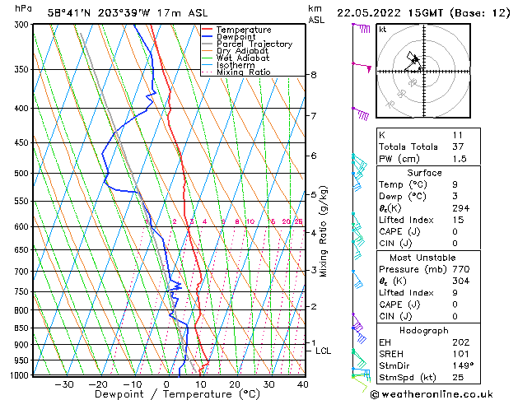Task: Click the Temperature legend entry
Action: (x=244, y=30)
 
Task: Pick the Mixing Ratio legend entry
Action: (x=243, y=72)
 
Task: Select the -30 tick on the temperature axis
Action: (x=63, y=384)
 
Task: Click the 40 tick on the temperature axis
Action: (x=302, y=384)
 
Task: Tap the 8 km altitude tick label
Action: (x=314, y=75)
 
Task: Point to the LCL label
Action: (x=324, y=351)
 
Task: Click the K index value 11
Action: (x=457, y=135)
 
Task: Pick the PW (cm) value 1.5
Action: (x=457, y=159)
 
